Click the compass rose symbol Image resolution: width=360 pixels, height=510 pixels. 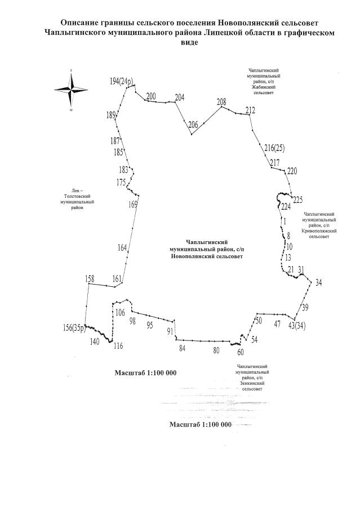point(71,90)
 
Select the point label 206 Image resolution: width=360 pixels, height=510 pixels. point(193,125)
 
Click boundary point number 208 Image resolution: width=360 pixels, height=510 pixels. point(221,101)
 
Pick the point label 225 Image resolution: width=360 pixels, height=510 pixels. point(298,199)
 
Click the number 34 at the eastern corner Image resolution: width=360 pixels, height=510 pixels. point(319,282)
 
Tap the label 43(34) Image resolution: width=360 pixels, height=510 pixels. point(296,325)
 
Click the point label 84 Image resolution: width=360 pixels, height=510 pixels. point(182,348)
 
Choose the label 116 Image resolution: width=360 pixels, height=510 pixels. point(118,346)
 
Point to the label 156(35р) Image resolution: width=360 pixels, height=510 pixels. point(74,328)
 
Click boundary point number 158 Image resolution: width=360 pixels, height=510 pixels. point(90,278)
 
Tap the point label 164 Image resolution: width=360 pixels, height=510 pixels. point(122,248)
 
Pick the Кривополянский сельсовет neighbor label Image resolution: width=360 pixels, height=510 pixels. point(319,225)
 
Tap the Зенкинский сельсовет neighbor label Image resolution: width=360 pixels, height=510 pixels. point(252,378)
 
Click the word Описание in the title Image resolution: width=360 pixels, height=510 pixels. point(82,22)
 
